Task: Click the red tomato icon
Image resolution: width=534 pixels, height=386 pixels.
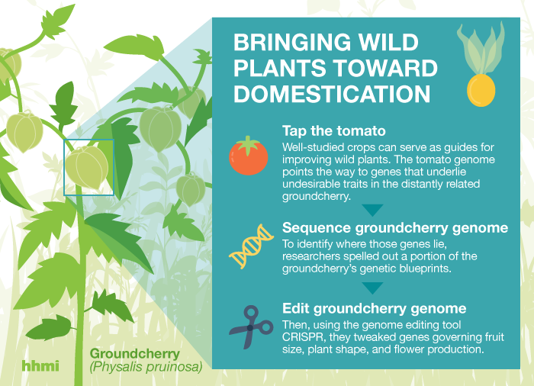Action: coord(248,156)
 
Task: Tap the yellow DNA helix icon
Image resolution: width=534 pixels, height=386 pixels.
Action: coord(251,246)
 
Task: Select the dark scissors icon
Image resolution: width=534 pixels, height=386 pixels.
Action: coord(251,327)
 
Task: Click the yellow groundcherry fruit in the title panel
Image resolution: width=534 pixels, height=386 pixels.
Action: coord(481,90)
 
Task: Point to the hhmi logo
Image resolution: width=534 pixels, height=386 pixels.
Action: coord(40,365)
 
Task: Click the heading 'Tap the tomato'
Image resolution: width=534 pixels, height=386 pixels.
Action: coord(334,130)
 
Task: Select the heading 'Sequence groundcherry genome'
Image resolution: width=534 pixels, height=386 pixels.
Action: coord(395,227)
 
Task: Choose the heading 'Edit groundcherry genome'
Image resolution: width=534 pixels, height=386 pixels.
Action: coord(375,308)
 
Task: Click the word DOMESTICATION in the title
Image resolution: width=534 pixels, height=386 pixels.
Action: coord(332,94)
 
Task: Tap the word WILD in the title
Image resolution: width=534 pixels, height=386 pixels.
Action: coord(389,42)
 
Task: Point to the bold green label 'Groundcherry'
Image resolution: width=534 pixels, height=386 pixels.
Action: coord(135,354)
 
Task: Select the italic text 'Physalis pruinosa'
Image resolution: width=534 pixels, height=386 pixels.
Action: coord(146,367)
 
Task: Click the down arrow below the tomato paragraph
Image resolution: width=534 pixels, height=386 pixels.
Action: coord(372,211)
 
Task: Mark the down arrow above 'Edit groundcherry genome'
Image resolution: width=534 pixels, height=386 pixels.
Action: coord(372,288)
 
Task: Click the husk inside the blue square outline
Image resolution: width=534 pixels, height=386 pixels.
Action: coord(86,167)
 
